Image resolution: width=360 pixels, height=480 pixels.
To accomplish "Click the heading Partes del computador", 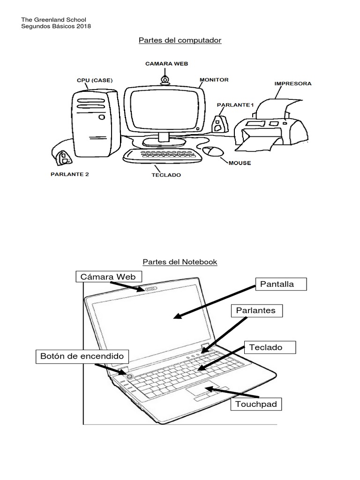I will pyautogui.click(x=180, y=40).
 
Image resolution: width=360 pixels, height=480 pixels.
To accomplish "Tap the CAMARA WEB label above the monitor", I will pyautogui.click(x=166, y=64).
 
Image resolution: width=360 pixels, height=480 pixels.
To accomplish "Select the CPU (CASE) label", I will pyautogui.click(x=95, y=80).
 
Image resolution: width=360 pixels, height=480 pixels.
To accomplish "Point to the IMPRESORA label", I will pyautogui.click(x=292, y=84).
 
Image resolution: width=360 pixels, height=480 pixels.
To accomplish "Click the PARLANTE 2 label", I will pyautogui.click(x=69, y=174).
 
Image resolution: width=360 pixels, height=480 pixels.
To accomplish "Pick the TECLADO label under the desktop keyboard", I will pyautogui.click(x=166, y=175).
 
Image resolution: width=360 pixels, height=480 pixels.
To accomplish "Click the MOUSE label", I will pyautogui.click(x=240, y=163).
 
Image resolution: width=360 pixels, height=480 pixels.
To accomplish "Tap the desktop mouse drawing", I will pyautogui.click(x=213, y=151).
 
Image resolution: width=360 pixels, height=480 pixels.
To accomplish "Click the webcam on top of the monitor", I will pyautogui.click(x=165, y=81).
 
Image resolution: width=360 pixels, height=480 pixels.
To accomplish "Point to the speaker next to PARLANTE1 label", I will pyautogui.click(x=218, y=123).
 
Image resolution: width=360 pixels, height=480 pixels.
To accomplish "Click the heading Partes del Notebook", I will pyautogui.click(x=180, y=262).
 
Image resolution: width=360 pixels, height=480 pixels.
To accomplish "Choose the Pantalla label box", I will pyautogui.click(x=281, y=285).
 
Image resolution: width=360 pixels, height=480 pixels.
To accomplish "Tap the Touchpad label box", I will pyautogui.click(x=256, y=404).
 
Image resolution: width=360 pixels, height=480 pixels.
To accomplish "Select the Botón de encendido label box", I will pyautogui.click(x=82, y=356).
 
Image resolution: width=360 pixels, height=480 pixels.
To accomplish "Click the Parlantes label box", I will pyautogui.click(x=256, y=310).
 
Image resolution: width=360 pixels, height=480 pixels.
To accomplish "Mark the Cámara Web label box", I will pyautogui.click(x=108, y=277).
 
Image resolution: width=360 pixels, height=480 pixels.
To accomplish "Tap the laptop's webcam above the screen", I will pyautogui.click(x=151, y=289).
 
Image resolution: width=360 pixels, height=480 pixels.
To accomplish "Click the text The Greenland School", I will pyautogui.click(x=54, y=20).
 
